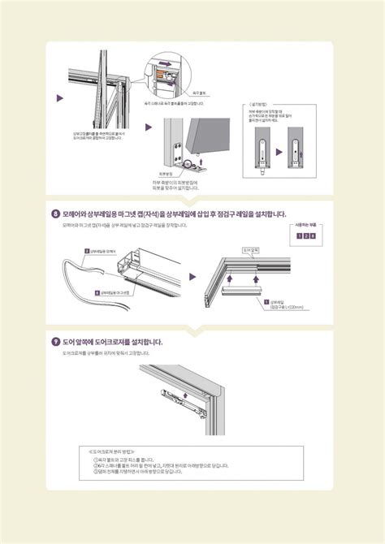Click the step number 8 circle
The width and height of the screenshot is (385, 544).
click(55, 214)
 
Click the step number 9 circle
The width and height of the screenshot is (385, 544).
click(55, 342)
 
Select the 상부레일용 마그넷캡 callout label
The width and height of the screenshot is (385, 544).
click(112, 291)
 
